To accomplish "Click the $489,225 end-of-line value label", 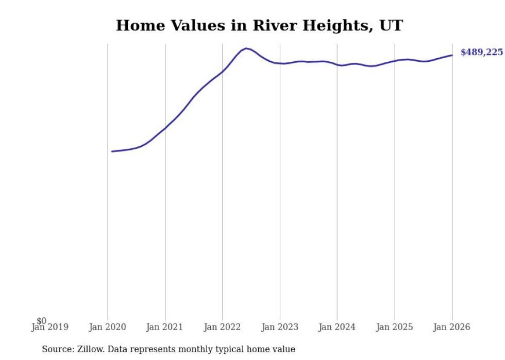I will click(x=481, y=53).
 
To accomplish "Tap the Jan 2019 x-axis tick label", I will click(x=50, y=327).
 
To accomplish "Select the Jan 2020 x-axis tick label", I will click(x=108, y=327).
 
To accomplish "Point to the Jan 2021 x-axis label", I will click(x=165, y=327).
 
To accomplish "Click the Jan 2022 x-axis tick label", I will click(x=222, y=327).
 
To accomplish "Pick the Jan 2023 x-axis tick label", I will click(x=280, y=327).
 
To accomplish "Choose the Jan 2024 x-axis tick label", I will click(x=337, y=327).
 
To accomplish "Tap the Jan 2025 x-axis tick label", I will click(x=395, y=327).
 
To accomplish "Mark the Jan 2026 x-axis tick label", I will click(x=452, y=327).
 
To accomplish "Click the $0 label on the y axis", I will click(x=41, y=321).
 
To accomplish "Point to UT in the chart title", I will click(x=391, y=25).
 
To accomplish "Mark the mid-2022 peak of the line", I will click(x=246, y=48).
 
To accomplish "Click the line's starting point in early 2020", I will click(x=112, y=151).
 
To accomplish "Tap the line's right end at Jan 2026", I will click(x=452, y=55).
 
